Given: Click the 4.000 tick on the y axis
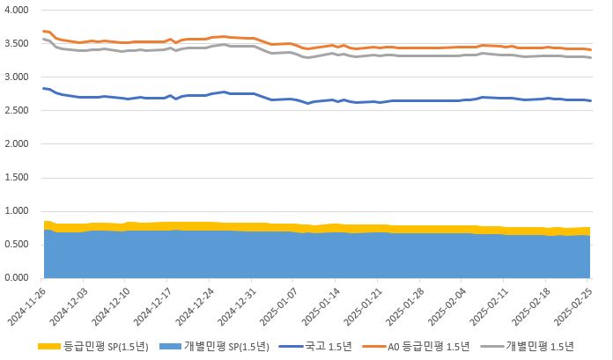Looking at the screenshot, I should (x=17, y=10).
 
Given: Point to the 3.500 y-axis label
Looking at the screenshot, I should (x=17, y=43).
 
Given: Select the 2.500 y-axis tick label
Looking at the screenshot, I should (x=17, y=110).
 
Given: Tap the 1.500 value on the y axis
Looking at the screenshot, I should (x=17, y=177).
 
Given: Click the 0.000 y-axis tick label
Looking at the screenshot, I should (x=17, y=278).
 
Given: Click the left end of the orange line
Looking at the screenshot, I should (x=43, y=31).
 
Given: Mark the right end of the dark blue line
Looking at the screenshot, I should (x=590, y=100).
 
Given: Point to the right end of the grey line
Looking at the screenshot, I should (x=590, y=57).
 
